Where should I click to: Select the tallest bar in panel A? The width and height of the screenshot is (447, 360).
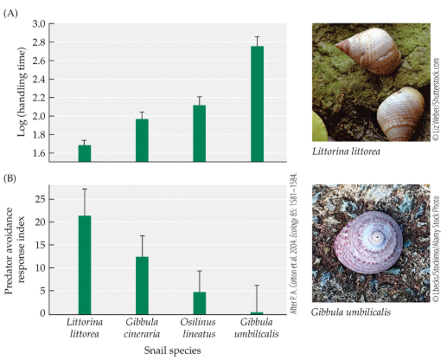[x=256, y=103]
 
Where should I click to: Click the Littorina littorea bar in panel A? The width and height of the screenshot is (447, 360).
[x=85, y=153]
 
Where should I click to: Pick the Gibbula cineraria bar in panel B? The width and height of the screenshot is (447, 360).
[x=142, y=285]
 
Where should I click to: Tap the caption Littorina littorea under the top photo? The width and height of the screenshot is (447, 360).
[x=348, y=152]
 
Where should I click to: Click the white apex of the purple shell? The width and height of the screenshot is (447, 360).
[x=378, y=236]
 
